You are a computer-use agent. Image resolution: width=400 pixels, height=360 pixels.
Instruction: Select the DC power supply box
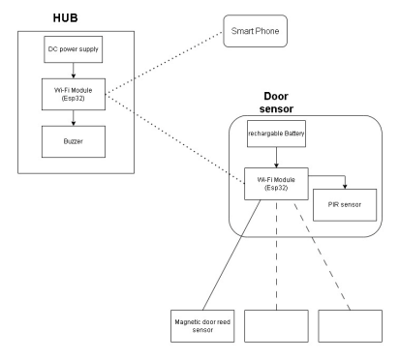(x=73, y=49)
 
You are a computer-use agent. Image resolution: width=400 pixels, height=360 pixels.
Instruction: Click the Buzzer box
(x=73, y=143)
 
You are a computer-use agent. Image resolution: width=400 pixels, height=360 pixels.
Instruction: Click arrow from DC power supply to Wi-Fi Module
(x=74, y=72)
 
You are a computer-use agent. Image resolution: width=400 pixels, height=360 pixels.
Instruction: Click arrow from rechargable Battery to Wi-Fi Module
(x=277, y=159)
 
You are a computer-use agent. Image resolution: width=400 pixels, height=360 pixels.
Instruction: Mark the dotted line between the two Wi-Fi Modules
(x=174, y=137)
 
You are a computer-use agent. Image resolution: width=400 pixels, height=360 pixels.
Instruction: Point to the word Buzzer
(x=73, y=143)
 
